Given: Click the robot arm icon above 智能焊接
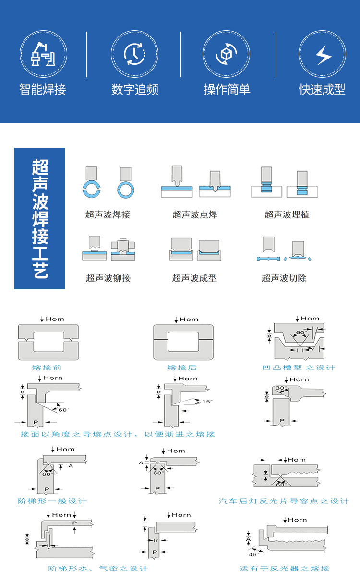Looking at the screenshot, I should click(x=43, y=54).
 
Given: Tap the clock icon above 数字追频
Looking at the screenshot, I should click(x=134, y=54).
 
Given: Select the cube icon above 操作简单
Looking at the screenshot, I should click(x=226, y=54).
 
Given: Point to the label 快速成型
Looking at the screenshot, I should click(x=322, y=90).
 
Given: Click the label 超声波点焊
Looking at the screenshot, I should click(x=195, y=214).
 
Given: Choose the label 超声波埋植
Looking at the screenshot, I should click(x=287, y=214).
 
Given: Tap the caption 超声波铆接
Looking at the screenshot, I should click(x=108, y=278).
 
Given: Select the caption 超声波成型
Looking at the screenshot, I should click(x=194, y=278).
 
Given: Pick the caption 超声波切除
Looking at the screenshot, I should click(x=284, y=278).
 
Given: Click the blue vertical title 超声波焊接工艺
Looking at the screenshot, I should click(x=40, y=219).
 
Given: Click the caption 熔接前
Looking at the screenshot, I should click(x=47, y=368).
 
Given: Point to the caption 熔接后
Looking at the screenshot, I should click(x=182, y=368).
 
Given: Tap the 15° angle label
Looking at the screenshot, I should click(x=207, y=401).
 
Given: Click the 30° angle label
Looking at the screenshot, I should click(x=280, y=388).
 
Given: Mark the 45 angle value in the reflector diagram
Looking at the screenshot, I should click(x=252, y=555).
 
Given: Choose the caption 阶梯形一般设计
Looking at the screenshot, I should click(x=52, y=501).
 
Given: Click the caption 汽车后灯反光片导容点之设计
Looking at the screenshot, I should click(x=283, y=501).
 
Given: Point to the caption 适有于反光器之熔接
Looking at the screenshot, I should click(x=284, y=569).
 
